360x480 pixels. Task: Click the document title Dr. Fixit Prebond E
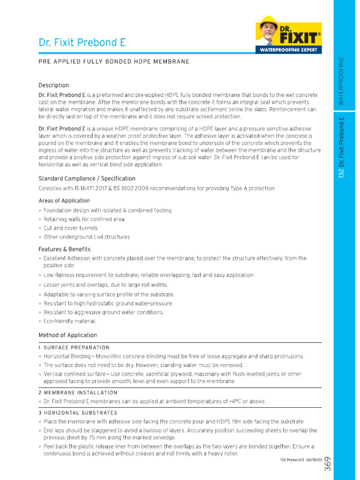[x=82, y=43]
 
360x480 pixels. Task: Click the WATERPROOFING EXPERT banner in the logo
[x=289, y=50]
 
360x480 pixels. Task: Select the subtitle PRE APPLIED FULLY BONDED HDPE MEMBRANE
[x=114, y=61]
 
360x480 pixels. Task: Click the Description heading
[x=53, y=85]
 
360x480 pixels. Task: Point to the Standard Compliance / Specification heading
[x=87, y=179]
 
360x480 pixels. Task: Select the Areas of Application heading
[x=64, y=201]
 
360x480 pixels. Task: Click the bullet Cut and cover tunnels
[x=71, y=228]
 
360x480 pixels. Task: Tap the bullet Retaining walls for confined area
[x=84, y=219]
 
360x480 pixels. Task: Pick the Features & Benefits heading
[x=64, y=249]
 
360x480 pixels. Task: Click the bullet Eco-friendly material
[x=70, y=322]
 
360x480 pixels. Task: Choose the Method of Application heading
[x=67, y=335]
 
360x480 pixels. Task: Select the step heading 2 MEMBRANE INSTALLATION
[x=78, y=393]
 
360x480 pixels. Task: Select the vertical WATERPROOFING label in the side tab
[x=341, y=81]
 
